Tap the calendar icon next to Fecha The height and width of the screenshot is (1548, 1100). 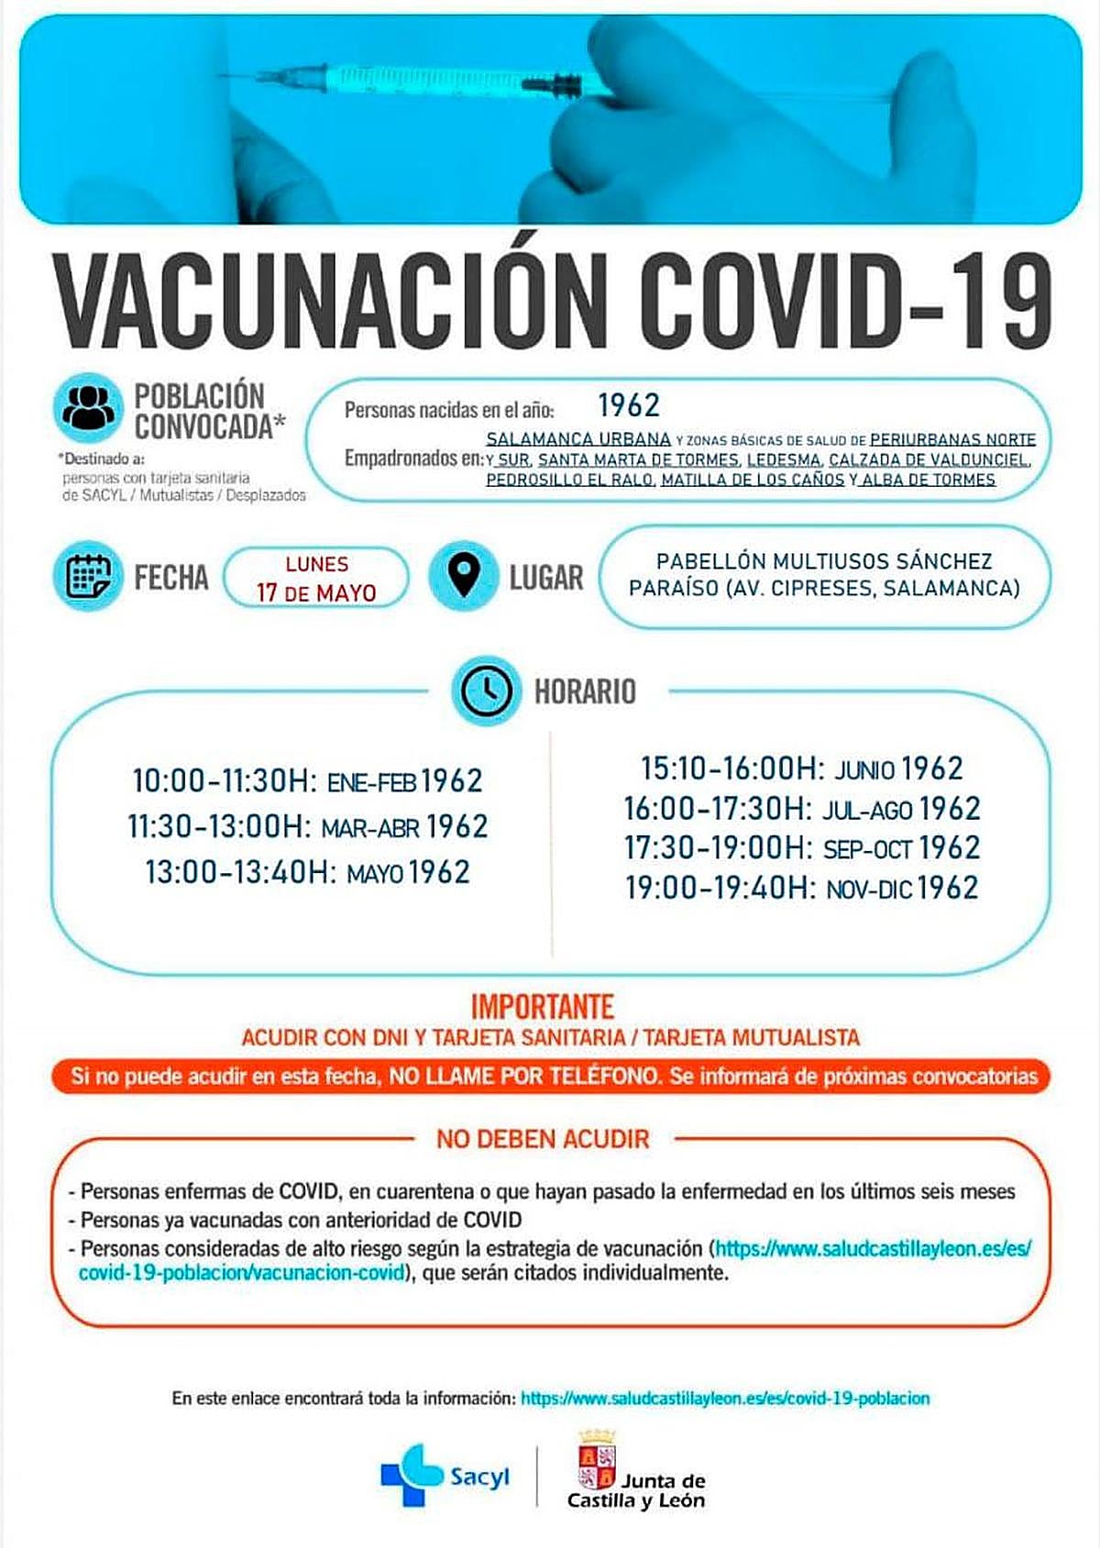[x=88, y=577]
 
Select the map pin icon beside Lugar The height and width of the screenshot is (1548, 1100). [x=464, y=577]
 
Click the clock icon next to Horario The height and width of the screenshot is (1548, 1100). [x=486, y=691]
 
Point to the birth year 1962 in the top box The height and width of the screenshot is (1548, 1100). [x=629, y=405]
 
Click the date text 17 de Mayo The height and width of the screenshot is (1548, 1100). [x=316, y=592]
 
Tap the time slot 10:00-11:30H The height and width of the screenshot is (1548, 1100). [x=224, y=781]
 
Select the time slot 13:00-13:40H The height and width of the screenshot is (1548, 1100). [x=236, y=872]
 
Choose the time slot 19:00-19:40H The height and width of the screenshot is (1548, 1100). [x=720, y=888]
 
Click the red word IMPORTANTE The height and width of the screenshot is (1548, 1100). [x=542, y=1007]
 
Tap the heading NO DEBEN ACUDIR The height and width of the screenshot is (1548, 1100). [x=543, y=1139]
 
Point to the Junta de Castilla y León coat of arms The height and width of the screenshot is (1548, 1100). [x=597, y=1461]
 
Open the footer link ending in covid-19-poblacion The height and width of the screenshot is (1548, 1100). [x=725, y=1399]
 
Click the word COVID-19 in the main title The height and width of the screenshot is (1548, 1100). [x=844, y=297]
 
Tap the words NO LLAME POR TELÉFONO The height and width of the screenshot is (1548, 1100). [x=524, y=1076]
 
